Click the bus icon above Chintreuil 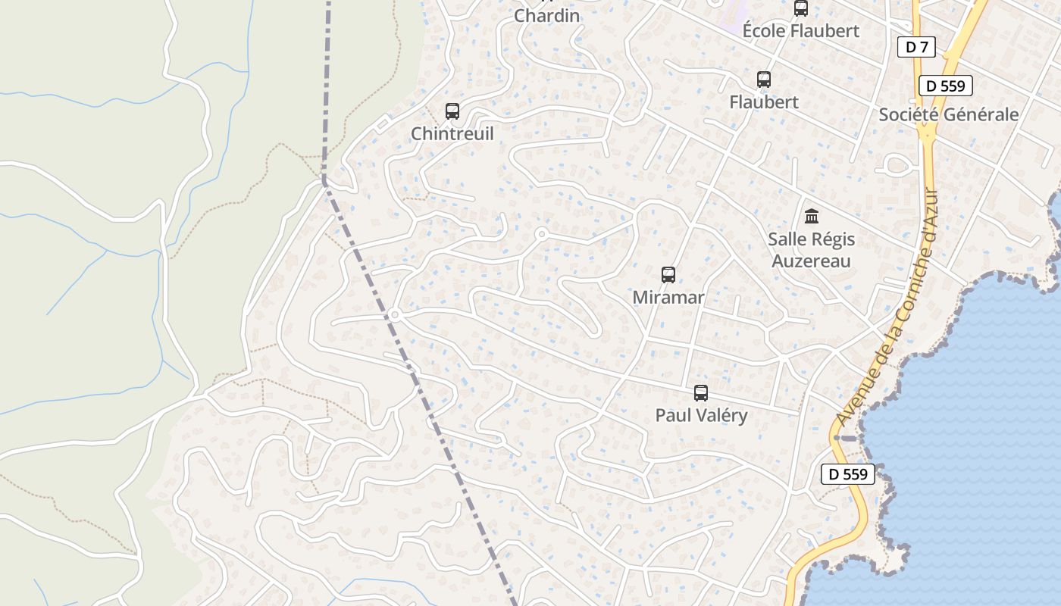(452, 111)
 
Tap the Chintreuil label (452, 134)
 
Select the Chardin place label (546, 15)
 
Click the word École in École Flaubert (763, 31)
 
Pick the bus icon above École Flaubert (800, 8)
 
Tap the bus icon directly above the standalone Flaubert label (764, 80)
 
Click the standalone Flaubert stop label (764, 102)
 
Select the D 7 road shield (916, 47)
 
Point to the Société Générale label (948, 114)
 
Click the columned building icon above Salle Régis (812, 217)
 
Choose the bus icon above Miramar (668, 275)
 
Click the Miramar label (668, 298)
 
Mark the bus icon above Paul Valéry (701, 393)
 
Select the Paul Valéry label (701, 416)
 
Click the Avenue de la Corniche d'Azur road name (888, 307)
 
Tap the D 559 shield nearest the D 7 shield (945, 86)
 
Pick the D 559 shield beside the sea (848, 475)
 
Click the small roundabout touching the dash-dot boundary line (395, 315)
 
